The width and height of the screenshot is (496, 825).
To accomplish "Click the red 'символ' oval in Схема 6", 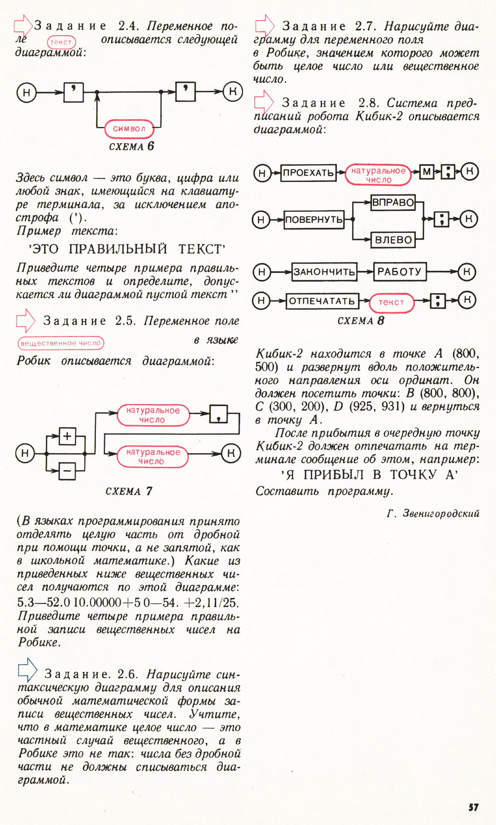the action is coord(129,129).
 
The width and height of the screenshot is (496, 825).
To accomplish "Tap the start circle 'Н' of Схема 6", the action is coord(26,92).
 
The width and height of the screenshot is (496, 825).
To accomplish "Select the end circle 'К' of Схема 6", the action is coord(232,91).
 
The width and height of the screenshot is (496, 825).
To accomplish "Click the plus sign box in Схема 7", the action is coord(67,436).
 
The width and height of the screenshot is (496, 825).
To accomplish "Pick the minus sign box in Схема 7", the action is coord(67,471).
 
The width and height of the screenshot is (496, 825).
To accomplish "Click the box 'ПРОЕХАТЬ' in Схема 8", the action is coord(308,172).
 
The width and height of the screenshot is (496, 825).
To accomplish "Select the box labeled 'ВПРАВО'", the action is coord(393,203).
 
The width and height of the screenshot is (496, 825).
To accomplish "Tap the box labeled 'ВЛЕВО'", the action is coord(393,240).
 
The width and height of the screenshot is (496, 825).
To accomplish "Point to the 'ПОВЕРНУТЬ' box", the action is coord(314,220).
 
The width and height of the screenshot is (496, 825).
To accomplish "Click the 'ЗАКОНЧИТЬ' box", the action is coord(324,272).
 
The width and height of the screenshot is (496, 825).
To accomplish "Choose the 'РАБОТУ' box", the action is coord(400,272).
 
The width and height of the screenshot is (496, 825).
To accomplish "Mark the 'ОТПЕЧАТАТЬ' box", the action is coord(322,301).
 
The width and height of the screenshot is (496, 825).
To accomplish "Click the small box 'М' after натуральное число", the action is coord(427,172).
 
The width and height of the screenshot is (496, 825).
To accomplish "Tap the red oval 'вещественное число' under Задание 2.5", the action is coord(61,343).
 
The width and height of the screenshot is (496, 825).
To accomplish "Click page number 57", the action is coord(474,807).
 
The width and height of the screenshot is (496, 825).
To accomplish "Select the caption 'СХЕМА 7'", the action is coord(129,491).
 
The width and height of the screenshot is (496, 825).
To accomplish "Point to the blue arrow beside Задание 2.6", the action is coord(28,670).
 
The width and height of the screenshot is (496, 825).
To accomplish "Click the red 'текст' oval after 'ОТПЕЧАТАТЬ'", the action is coord(391,303).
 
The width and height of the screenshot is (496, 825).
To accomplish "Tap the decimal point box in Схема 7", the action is coord(219,414).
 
